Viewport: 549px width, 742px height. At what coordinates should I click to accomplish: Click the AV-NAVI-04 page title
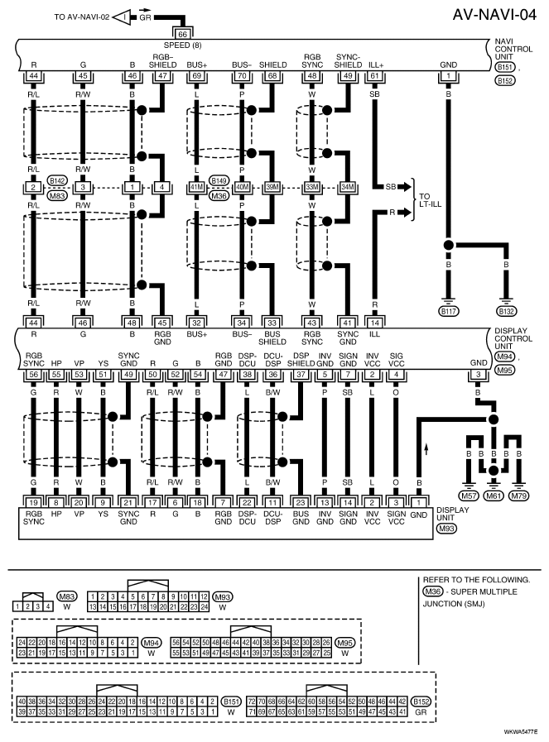[x=494, y=14]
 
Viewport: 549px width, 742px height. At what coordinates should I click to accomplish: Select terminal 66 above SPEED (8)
[x=182, y=34]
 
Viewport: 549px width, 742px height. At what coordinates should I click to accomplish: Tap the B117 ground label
[x=448, y=311]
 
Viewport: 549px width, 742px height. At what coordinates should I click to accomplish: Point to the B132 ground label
[x=507, y=311]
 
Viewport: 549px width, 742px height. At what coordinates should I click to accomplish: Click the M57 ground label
[x=469, y=495]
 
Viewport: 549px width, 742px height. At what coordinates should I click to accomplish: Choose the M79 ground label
[x=518, y=495]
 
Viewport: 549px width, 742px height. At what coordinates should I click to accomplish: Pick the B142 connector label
[x=57, y=180]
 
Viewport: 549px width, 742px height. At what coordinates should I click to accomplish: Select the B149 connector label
[x=219, y=180]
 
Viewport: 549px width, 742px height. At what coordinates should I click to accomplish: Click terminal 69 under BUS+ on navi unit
[x=196, y=76]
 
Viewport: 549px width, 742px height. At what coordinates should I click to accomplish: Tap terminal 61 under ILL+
[x=374, y=76]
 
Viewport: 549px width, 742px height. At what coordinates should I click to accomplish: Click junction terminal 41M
[x=196, y=187]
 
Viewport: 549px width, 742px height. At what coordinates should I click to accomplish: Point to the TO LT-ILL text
[x=430, y=200]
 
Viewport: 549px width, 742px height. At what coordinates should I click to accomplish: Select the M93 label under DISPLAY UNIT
[x=446, y=528]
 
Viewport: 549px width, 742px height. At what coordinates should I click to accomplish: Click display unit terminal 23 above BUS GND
[x=301, y=503]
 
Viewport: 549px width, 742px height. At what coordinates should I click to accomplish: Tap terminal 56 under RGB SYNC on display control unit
[x=34, y=375]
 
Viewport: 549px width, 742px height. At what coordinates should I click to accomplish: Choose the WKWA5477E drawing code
[x=521, y=731]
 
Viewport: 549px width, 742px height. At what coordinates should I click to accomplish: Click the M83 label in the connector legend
[x=67, y=596]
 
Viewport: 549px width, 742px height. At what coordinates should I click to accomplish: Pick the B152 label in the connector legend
[x=421, y=701]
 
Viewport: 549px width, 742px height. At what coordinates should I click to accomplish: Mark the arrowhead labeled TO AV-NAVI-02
[x=123, y=17]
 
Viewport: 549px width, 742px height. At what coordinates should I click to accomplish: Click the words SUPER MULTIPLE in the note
[x=484, y=591]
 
